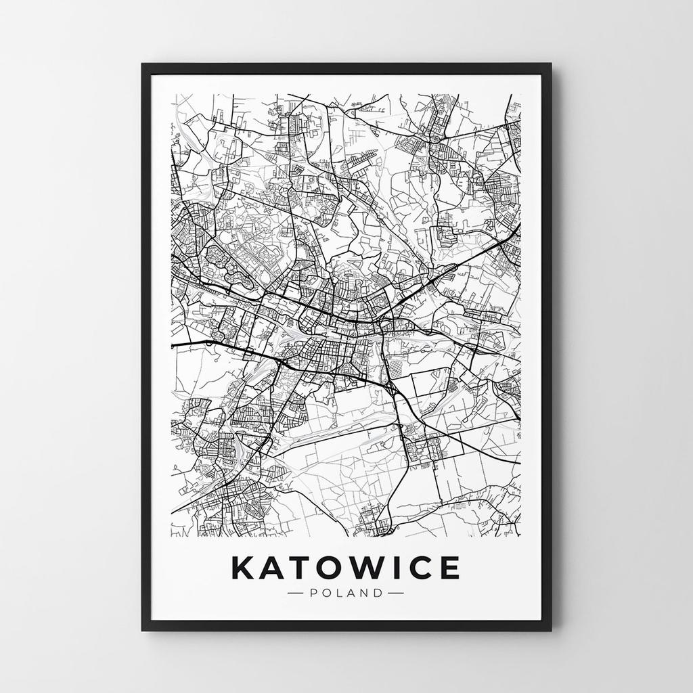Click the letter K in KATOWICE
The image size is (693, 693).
pyautogui.click(x=244, y=568)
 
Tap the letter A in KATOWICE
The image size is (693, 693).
pyautogui.click(x=275, y=568)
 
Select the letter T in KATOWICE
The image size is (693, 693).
pyautogui.click(x=303, y=568)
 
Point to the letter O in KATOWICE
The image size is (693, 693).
pyautogui.click(x=332, y=568)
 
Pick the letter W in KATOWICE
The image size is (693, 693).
pyautogui.click(x=370, y=568)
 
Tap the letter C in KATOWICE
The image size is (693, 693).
pyautogui.click(x=421, y=568)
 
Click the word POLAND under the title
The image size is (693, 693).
pyautogui.click(x=346, y=594)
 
